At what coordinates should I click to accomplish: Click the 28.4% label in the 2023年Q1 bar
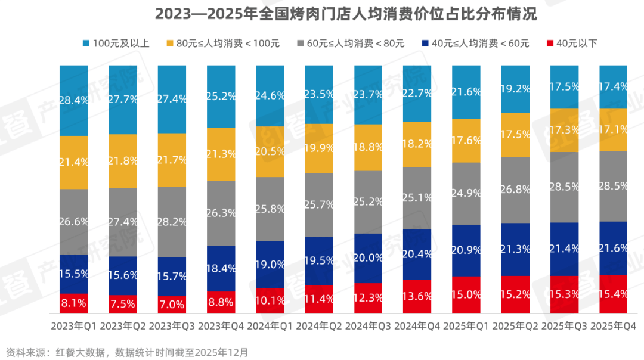coord(74,100)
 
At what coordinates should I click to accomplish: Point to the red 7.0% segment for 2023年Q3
coord(172,305)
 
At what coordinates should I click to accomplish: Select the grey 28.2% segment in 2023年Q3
coord(172,222)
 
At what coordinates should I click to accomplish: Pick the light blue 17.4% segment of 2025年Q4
coord(613,86)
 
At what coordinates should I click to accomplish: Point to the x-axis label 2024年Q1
coord(270,327)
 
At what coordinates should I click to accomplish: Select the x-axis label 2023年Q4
coord(221,327)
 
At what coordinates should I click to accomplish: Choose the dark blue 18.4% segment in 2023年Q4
coord(221,269)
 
